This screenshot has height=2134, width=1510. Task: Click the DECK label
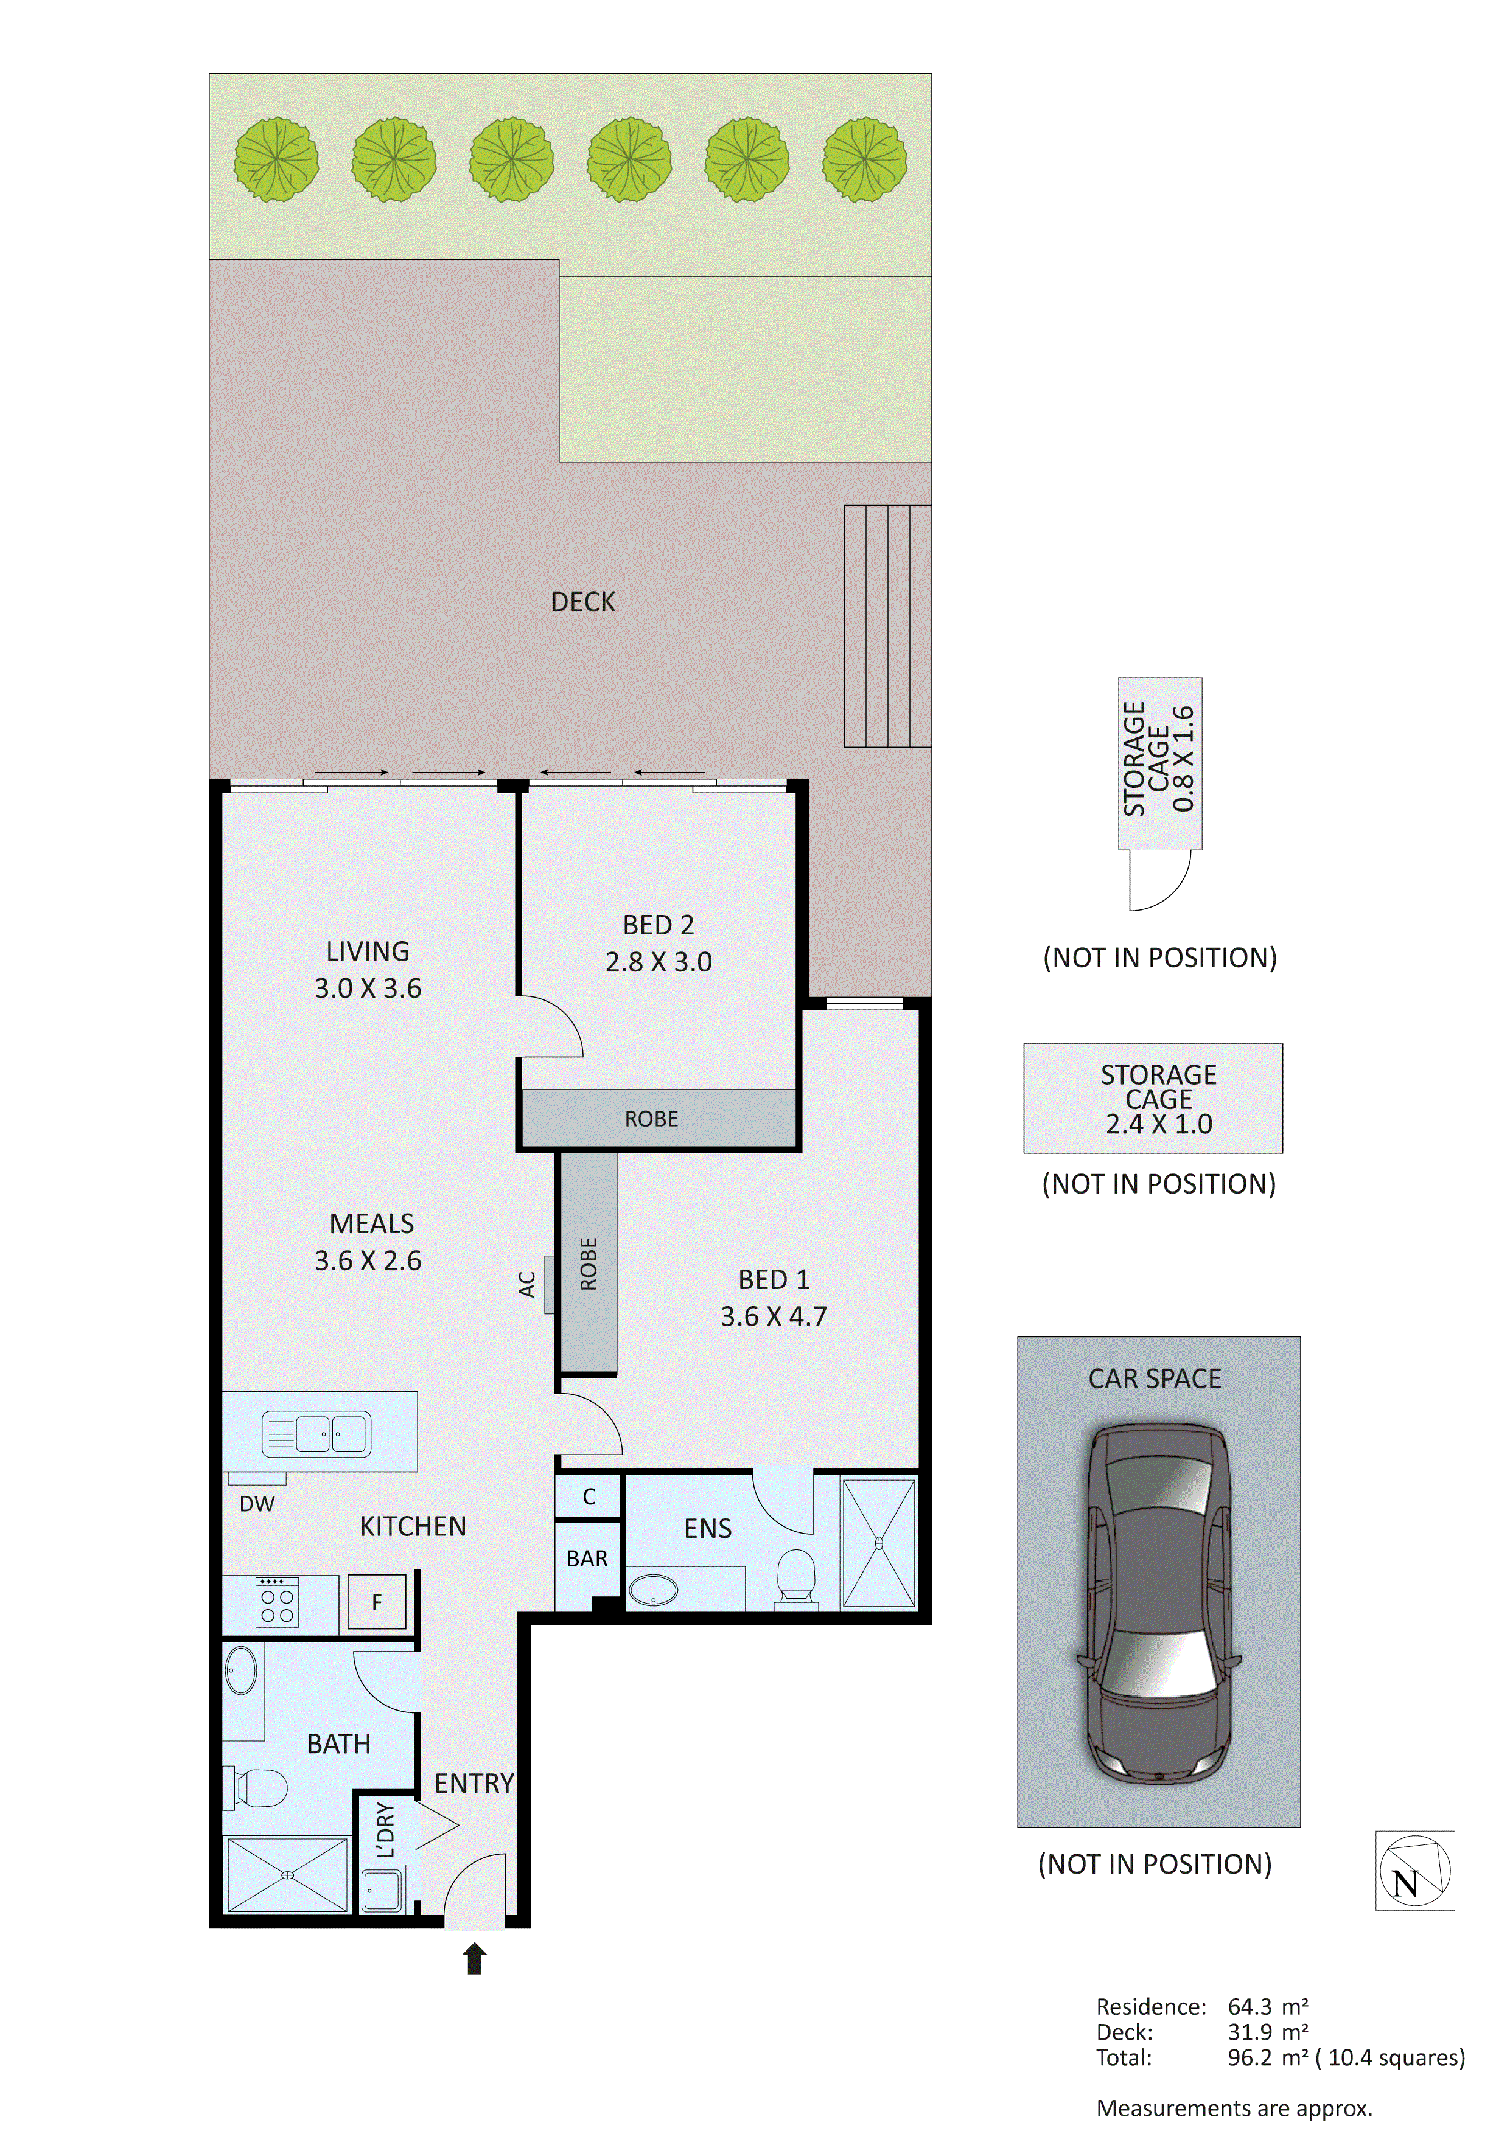(x=583, y=602)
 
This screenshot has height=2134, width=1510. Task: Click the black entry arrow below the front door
(x=474, y=1959)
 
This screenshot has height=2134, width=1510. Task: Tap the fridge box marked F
(x=377, y=1602)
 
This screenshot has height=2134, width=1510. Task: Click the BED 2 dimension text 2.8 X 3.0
(x=659, y=962)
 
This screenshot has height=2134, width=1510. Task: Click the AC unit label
(x=527, y=1285)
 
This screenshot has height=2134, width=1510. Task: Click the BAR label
(x=587, y=1559)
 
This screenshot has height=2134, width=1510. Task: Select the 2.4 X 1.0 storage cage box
(x=1153, y=1099)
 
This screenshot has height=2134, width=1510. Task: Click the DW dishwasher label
(x=257, y=1504)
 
